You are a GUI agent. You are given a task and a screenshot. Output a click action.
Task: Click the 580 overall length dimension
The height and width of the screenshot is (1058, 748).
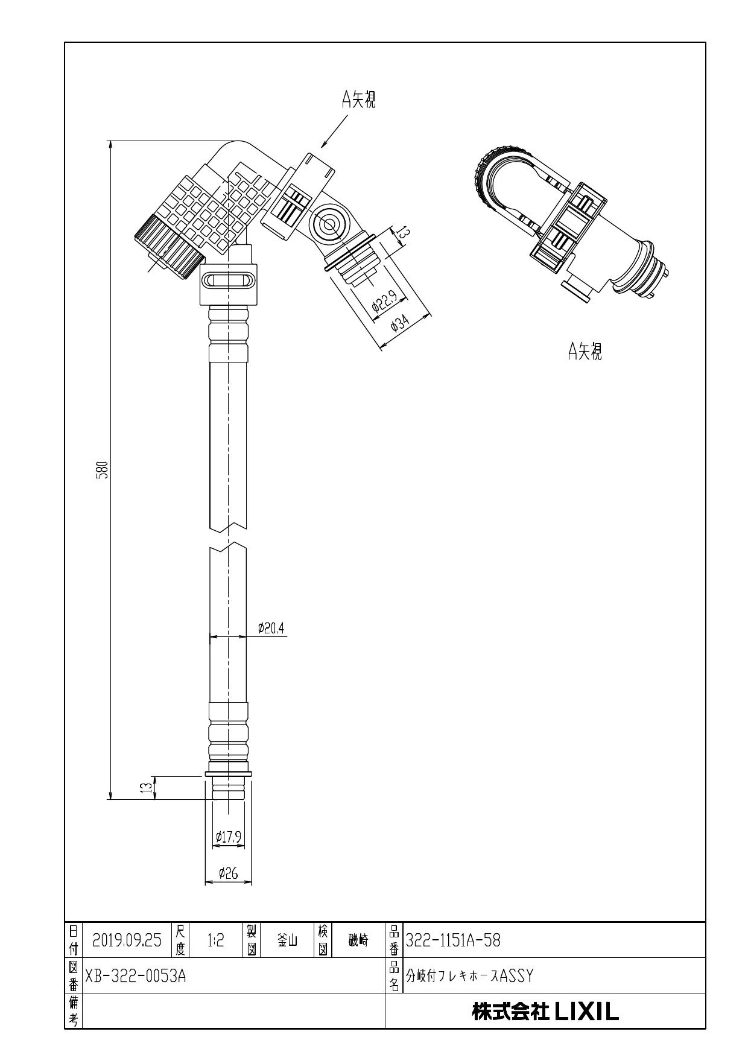(x=103, y=469)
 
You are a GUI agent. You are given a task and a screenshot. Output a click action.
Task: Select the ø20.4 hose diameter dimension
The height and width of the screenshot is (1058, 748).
(x=271, y=629)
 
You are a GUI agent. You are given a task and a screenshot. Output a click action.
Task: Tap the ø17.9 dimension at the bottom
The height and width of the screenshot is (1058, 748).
(x=229, y=837)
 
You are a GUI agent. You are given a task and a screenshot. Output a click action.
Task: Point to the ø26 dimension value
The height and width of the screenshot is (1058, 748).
(x=228, y=873)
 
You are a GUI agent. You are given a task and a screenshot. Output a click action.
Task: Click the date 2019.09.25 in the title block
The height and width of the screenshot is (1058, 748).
(x=127, y=940)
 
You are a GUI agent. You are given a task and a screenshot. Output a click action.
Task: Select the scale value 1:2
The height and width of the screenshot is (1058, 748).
(x=215, y=940)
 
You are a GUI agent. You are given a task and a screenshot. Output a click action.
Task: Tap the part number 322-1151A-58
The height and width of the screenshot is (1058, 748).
(x=453, y=940)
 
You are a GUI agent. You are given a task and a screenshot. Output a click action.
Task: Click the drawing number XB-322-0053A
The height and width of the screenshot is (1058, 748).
(x=135, y=975)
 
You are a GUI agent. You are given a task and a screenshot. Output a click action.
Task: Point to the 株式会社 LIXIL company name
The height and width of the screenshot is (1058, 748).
(x=545, y=1012)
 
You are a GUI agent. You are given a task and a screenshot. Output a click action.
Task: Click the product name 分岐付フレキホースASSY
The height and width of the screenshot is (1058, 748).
(x=469, y=975)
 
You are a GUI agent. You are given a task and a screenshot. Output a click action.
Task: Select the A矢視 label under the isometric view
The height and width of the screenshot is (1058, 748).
(x=585, y=350)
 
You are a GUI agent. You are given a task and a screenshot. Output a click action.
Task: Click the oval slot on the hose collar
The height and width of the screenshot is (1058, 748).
(x=229, y=280)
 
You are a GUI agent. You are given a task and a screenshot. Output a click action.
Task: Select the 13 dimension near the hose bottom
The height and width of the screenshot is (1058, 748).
(x=146, y=788)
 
